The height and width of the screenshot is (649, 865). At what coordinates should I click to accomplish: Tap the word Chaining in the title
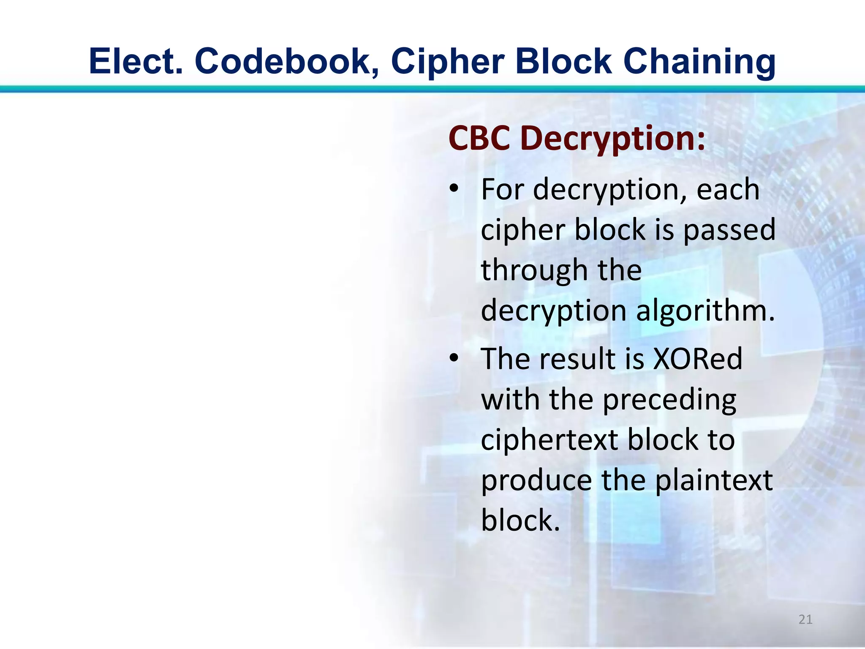pyautogui.click(x=699, y=62)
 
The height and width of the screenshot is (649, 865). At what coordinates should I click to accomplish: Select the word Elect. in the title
pyautogui.click(x=136, y=62)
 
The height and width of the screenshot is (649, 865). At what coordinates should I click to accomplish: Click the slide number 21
pyautogui.click(x=805, y=619)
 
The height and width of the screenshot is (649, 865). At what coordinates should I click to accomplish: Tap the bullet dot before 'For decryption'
pyautogui.click(x=454, y=188)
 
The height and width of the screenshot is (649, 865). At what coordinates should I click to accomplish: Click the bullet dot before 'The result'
pyautogui.click(x=454, y=358)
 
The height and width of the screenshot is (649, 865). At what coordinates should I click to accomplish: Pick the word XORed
pyautogui.click(x=697, y=359)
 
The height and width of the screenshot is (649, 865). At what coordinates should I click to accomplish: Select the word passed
pyautogui.click(x=729, y=230)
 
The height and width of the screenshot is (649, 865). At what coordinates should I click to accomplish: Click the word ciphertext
pyautogui.click(x=550, y=440)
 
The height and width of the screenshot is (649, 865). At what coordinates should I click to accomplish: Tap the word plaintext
pyautogui.click(x=714, y=480)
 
